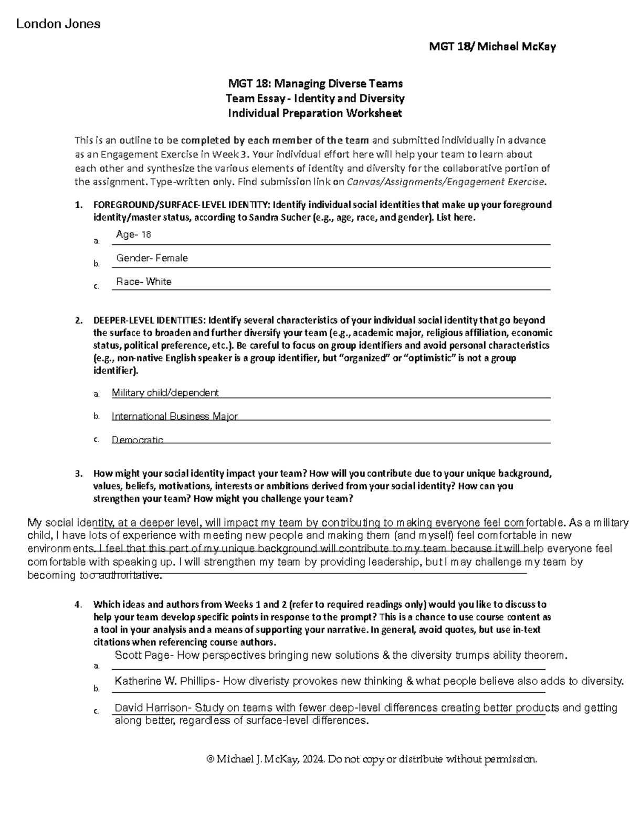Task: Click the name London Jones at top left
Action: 58,24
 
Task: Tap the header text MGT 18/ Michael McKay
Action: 492,47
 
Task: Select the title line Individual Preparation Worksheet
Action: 314,113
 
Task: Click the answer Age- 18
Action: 133,234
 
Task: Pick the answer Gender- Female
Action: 152,258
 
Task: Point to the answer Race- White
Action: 144,282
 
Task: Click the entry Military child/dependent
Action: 165,393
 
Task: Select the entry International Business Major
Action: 174,416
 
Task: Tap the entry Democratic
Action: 138,440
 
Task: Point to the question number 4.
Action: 77,605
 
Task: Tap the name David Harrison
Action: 151,708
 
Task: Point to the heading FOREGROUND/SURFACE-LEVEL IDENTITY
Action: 182,205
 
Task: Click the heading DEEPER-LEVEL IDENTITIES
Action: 149,320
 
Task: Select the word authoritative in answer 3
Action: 128,575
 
